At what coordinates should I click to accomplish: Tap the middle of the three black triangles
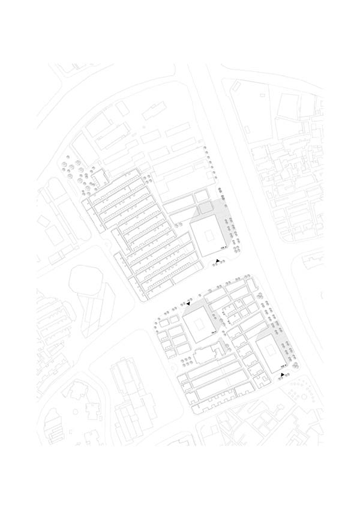point(188,304)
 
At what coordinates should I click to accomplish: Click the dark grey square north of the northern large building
point(205,208)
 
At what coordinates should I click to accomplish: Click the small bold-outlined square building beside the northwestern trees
point(100,176)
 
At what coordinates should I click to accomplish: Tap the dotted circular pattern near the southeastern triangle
point(298,393)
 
